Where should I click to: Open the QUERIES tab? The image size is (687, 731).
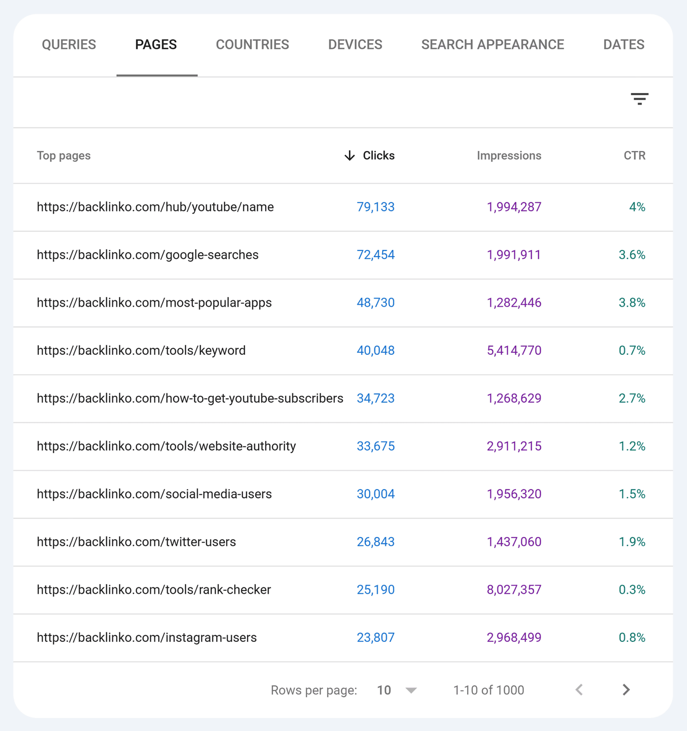[69, 45]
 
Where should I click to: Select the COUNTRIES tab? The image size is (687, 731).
[252, 45]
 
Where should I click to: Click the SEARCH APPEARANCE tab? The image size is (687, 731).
[492, 45]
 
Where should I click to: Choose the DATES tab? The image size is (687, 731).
[624, 45]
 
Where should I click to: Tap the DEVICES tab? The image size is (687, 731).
[355, 45]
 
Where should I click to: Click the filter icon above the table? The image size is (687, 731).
[639, 99]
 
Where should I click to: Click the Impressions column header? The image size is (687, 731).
[509, 156]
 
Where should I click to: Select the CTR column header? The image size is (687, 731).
[634, 156]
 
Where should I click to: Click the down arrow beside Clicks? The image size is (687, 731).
[350, 156]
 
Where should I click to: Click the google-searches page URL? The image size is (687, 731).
[147, 255]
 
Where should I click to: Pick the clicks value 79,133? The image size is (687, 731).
[375, 207]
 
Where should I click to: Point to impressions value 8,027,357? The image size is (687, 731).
[514, 590]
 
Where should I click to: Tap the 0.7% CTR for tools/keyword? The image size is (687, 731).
[632, 350]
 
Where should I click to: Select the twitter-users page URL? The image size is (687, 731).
[136, 542]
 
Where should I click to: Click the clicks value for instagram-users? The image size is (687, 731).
[375, 638]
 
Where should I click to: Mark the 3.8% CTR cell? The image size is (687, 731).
[632, 303]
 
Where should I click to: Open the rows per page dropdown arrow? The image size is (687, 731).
[411, 690]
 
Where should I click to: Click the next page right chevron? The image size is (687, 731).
[626, 690]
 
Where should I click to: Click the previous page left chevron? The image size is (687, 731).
[579, 690]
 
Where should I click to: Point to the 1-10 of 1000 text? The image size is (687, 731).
[489, 690]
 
